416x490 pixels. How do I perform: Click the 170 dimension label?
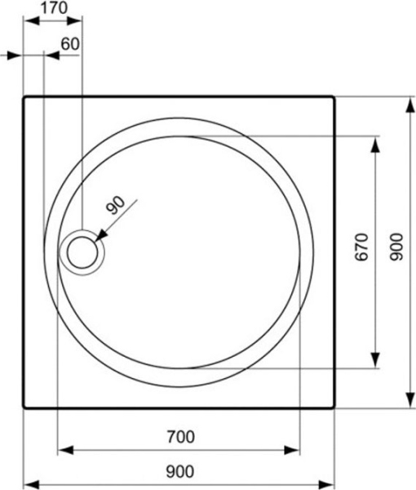coord(53,9)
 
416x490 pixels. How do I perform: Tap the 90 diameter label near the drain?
coord(115,207)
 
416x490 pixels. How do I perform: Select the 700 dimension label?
coord(179,437)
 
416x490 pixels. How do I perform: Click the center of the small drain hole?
coord(82,252)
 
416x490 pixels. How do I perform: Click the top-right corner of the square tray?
coord(334,96)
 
